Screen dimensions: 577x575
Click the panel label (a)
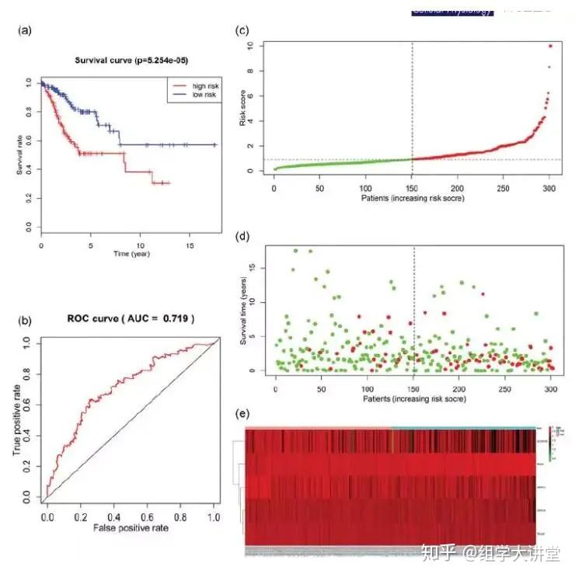coord(25,32)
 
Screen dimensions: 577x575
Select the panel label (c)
coord(242,32)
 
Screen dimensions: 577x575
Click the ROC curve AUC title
coord(129,318)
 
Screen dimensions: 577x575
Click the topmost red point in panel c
coord(550,46)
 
